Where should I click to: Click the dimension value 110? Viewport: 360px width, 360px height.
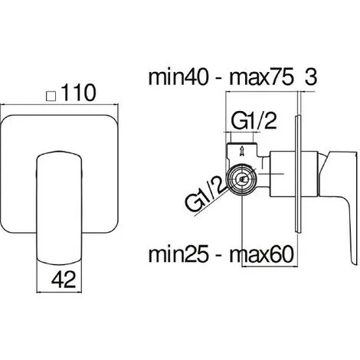(x=78, y=93)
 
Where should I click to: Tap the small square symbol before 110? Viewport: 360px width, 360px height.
(x=51, y=97)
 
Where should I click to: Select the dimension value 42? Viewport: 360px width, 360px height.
(x=64, y=280)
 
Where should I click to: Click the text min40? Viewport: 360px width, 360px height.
(x=178, y=77)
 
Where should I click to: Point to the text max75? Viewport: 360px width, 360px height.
(x=261, y=77)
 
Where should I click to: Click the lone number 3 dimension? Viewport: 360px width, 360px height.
(x=311, y=77)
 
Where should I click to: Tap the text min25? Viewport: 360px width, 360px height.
(x=178, y=254)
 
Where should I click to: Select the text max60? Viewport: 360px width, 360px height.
(x=262, y=254)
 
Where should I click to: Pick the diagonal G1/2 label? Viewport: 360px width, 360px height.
(x=205, y=193)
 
